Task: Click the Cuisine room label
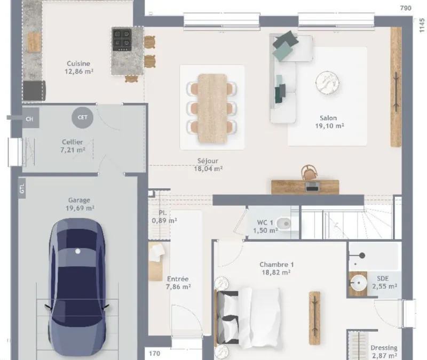[x=78, y=68]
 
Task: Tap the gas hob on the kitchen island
[x=122, y=39]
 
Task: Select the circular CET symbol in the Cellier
[x=82, y=117]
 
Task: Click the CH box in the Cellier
[x=29, y=119]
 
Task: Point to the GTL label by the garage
[x=22, y=189]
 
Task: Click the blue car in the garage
[x=77, y=287]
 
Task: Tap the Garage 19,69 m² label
[x=80, y=204]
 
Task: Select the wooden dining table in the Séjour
[x=212, y=108]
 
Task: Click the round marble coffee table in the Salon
[x=327, y=83]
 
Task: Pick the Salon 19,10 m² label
[x=329, y=122]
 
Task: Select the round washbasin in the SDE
[x=358, y=283]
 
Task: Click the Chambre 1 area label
[x=276, y=268]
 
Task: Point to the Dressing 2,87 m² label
[x=384, y=351]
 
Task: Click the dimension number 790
[x=406, y=8]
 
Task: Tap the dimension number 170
[x=154, y=354]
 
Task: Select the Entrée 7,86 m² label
[x=178, y=283]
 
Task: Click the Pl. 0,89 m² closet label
[x=164, y=217]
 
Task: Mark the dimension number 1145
[x=422, y=25]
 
